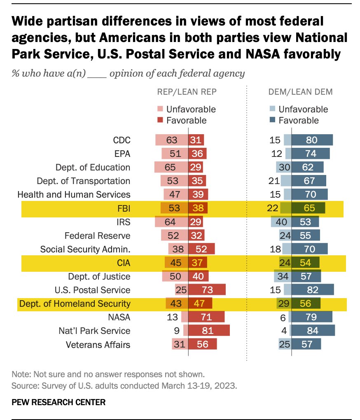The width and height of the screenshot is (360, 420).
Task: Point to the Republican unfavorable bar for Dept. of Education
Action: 171,167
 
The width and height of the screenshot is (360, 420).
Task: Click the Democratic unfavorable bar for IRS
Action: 281,222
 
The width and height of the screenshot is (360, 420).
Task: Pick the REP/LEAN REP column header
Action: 187,93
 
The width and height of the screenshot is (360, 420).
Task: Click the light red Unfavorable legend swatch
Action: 160,109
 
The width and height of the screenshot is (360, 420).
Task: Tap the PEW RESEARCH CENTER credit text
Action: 58,402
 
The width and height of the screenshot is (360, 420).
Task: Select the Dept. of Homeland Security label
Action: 75,304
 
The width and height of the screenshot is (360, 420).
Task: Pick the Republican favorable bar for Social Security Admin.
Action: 202,249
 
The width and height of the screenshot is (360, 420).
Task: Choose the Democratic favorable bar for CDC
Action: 312,140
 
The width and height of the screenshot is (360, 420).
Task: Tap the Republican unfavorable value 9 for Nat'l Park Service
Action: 175,331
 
